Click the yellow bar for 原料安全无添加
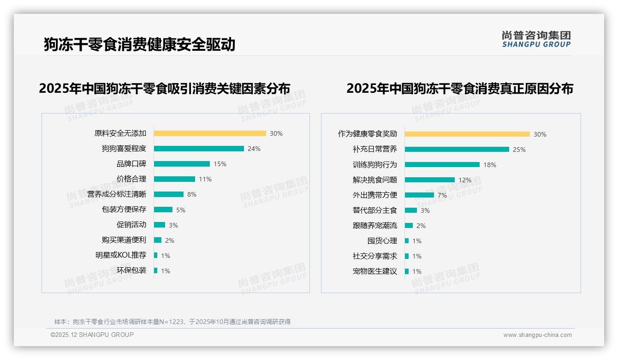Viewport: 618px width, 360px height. click(210, 133)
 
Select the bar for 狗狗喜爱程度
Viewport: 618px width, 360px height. click(199, 149)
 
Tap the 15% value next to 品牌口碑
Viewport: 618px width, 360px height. click(220, 164)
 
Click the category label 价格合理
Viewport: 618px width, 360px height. click(131, 179)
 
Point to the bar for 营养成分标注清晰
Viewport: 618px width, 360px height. click(169, 194)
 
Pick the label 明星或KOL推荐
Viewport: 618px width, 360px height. click(121, 255)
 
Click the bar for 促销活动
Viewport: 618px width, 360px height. click(160, 225)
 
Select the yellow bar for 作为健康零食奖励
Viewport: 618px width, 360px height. click(467, 134)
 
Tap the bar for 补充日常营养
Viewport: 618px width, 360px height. click(457, 150)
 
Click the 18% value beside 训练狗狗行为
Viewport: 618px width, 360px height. click(490, 165)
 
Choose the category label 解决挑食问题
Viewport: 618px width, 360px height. click(375, 180)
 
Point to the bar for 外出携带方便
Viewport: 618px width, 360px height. click(419, 195)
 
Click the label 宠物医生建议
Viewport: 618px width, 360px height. click(375, 271)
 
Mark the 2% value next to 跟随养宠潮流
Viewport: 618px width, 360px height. click(421, 226)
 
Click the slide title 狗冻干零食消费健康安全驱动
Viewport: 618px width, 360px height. click(140, 44)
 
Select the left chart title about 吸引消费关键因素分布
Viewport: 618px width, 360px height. click(165, 88)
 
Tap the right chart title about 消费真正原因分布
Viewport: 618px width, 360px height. click(459, 88)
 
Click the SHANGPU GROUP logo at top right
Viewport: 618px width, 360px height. click(536, 39)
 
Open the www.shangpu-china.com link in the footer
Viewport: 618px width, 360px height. click(537, 335)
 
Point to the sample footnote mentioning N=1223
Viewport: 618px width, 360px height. click(172, 322)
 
